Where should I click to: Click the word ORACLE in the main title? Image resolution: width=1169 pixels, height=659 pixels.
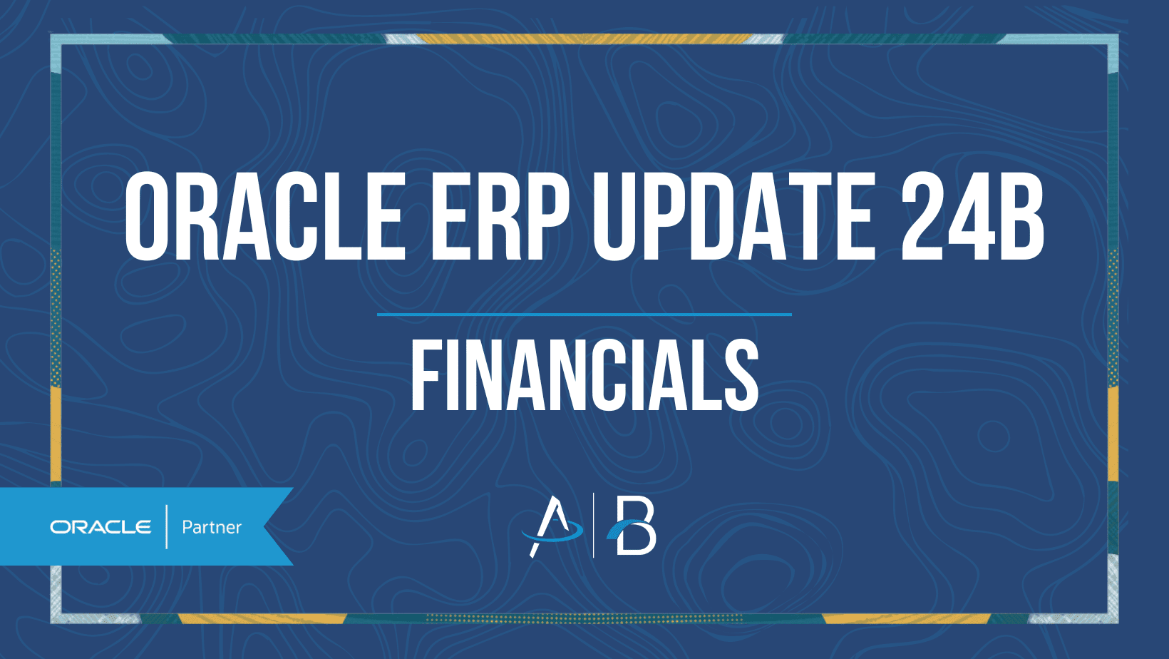coord(265,215)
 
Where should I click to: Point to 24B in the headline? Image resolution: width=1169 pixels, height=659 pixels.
coord(972,215)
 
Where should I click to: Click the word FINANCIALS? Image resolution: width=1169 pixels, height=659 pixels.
coord(584,374)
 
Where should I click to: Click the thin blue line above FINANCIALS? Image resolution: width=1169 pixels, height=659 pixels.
coord(584,315)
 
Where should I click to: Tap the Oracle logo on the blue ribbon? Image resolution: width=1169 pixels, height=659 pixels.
coord(101,527)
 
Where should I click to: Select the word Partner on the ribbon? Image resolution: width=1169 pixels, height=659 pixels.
coord(212,527)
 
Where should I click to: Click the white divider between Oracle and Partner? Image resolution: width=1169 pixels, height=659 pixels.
coord(167,527)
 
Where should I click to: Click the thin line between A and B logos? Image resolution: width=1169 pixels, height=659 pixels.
coord(593,526)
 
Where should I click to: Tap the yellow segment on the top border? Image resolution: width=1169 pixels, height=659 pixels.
coord(584,39)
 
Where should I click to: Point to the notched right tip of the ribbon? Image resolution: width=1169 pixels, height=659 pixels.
coord(265,526)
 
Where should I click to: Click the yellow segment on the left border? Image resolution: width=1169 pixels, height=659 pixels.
coord(56,434)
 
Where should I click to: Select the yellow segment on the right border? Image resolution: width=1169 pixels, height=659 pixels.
coord(1113,434)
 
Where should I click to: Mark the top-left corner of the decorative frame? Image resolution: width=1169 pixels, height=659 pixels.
coord(51,34)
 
